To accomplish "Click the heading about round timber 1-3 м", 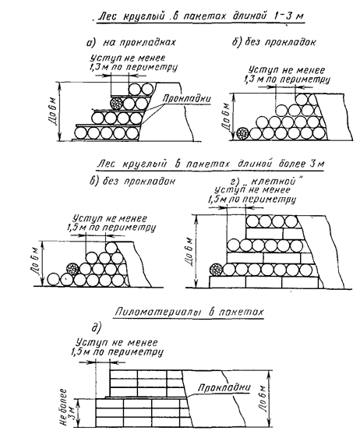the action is pos(200,16).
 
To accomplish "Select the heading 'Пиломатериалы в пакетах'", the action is pos(189,312).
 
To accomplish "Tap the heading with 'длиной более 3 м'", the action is pos(210,164).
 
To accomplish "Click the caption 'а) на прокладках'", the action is pos(131,42).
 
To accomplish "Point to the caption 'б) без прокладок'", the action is pos(274,42).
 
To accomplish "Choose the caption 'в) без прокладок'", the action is pos(132,181).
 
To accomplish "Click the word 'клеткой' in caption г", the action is pos(273,182).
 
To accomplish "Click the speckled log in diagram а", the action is pos(116,103).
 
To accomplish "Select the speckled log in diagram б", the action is pos(242,133).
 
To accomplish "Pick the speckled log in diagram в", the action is pos(72,269).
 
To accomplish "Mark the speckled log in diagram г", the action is pos(216,270).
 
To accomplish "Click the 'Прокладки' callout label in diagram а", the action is pos(187,99).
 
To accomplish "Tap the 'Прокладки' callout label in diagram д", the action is pos(224,387).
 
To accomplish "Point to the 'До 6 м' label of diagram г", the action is pos(189,252).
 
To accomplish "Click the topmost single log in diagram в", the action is pos(111,248).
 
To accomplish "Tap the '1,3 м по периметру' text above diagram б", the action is pos(287,79).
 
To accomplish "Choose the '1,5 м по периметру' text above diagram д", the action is pos(116,352).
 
